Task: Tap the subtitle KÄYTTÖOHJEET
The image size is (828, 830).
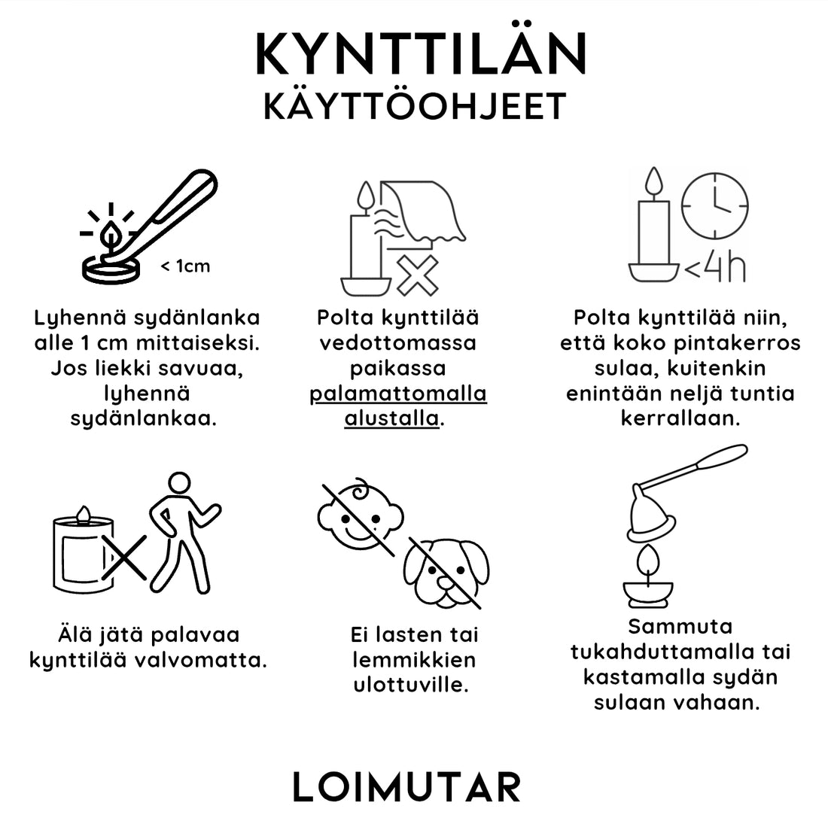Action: click(415, 107)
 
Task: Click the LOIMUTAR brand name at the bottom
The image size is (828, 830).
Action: click(406, 787)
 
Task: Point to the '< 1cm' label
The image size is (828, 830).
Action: click(185, 266)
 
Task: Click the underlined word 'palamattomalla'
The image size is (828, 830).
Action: click(398, 394)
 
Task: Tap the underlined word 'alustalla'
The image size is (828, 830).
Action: click(391, 418)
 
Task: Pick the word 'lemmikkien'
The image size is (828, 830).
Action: click(414, 660)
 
